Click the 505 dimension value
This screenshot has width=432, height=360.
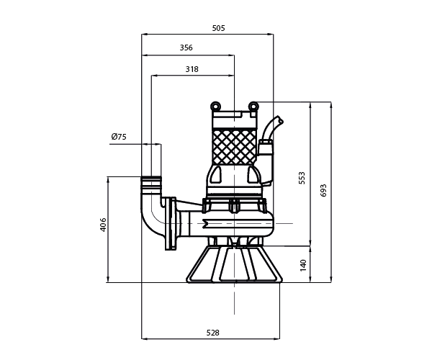[218, 28]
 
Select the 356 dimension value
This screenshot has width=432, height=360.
[186, 48]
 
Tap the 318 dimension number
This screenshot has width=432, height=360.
[192, 69]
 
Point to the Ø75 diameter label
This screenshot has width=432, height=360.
[119, 137]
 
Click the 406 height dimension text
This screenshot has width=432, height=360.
[103, 225]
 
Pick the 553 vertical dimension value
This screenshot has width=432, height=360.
[302, 178]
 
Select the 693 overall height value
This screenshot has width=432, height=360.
[323, 190]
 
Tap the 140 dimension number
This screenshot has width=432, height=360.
[303, 265]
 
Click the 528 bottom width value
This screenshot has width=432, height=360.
[212, 333]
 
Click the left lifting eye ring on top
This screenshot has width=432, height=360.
[215, 106]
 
